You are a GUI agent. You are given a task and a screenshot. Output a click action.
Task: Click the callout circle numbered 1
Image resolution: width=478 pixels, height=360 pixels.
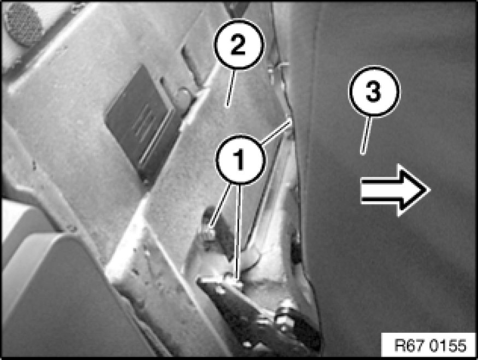[x=240, y=160]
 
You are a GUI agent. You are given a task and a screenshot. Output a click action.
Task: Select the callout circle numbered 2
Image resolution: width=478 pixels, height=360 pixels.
[x=239, y=44]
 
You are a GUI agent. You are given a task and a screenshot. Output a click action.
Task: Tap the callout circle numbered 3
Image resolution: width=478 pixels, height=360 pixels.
[x=374, y=91]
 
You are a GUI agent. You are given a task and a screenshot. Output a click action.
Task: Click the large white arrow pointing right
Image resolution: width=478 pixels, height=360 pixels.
[x=396, y=190]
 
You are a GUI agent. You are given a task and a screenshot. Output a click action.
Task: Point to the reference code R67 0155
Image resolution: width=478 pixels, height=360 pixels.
[x=430, y=345]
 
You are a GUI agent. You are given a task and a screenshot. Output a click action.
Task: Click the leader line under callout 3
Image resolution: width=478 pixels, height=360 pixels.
[x=366, y=135]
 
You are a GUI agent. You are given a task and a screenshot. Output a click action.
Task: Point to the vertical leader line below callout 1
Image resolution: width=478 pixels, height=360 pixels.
[x=239, y=232]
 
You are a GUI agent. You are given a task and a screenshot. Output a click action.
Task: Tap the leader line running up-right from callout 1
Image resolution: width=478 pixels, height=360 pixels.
[x=276, y=132]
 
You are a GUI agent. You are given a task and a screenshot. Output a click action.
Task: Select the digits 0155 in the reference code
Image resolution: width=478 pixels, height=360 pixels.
[x=448, y=345]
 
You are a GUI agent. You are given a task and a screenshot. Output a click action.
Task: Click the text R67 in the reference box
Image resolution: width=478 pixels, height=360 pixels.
[x=410, y=345]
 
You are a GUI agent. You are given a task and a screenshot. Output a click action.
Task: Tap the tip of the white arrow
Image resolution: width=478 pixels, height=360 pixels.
[x=430, y=190]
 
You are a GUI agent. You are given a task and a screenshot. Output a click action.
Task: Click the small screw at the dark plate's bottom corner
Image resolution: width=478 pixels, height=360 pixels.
[x=146, y=182]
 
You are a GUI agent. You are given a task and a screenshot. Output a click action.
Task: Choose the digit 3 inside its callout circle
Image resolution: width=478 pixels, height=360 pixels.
[x=374, y=91]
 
